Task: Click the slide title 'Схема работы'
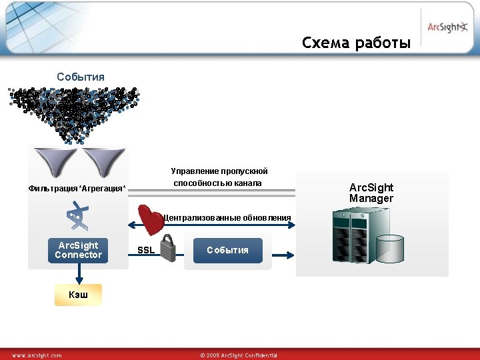(x=356, y=43)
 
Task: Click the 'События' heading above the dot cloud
(x=81, y=77)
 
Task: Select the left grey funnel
(x=56, y=161)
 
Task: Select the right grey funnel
(x=103, y=161)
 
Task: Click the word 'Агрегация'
(x=103, y=189)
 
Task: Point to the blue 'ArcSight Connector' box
(x=79, y=250)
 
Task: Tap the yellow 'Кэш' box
(x=78, y=294)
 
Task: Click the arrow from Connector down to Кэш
(x=79, y=271)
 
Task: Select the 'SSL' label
(x=145, y=251)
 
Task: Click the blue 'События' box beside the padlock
(x=227, y=250)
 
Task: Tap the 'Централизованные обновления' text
(x=227, y=218)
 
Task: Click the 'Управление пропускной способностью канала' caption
(x=219, y=177)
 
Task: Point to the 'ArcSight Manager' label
(x=371, y=193)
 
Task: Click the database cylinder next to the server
(x=390, y=249)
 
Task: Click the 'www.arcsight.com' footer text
(x=37, y=355)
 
